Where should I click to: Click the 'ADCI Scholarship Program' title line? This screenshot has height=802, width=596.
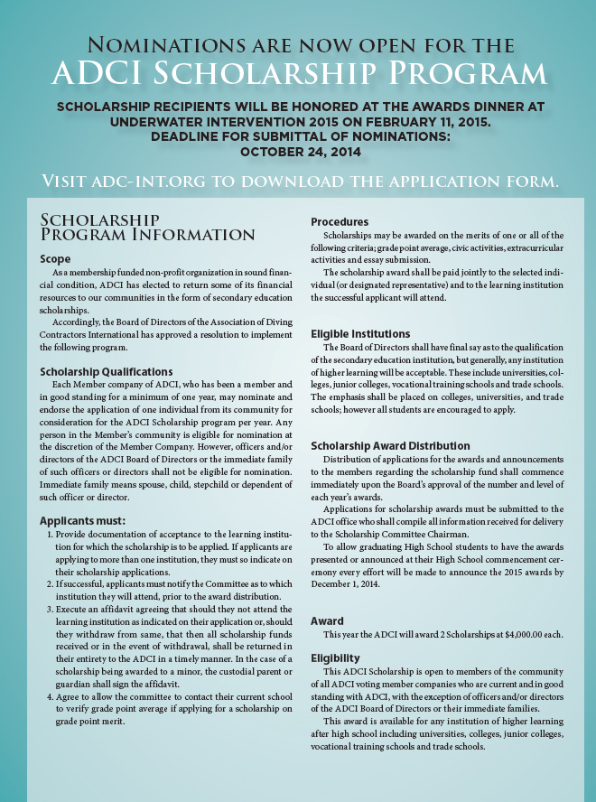pos(298,74)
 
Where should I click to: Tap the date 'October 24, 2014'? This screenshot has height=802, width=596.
pos(298,151)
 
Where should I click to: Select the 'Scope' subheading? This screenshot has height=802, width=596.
pos(55,259)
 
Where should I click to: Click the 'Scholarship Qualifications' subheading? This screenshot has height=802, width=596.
pos(107,371)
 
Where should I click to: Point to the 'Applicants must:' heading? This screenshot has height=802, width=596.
pos(82,521)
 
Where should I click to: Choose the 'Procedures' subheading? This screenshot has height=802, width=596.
pos(340,222)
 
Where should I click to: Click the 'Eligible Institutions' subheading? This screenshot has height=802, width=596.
pos(360,334)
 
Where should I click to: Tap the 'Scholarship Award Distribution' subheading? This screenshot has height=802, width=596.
pos(390,446)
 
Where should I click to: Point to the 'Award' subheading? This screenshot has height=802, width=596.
pos(327,621)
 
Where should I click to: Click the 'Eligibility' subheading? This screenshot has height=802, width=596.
pos(335,658)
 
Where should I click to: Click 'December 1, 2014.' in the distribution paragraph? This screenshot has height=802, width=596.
pos(350,585)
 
